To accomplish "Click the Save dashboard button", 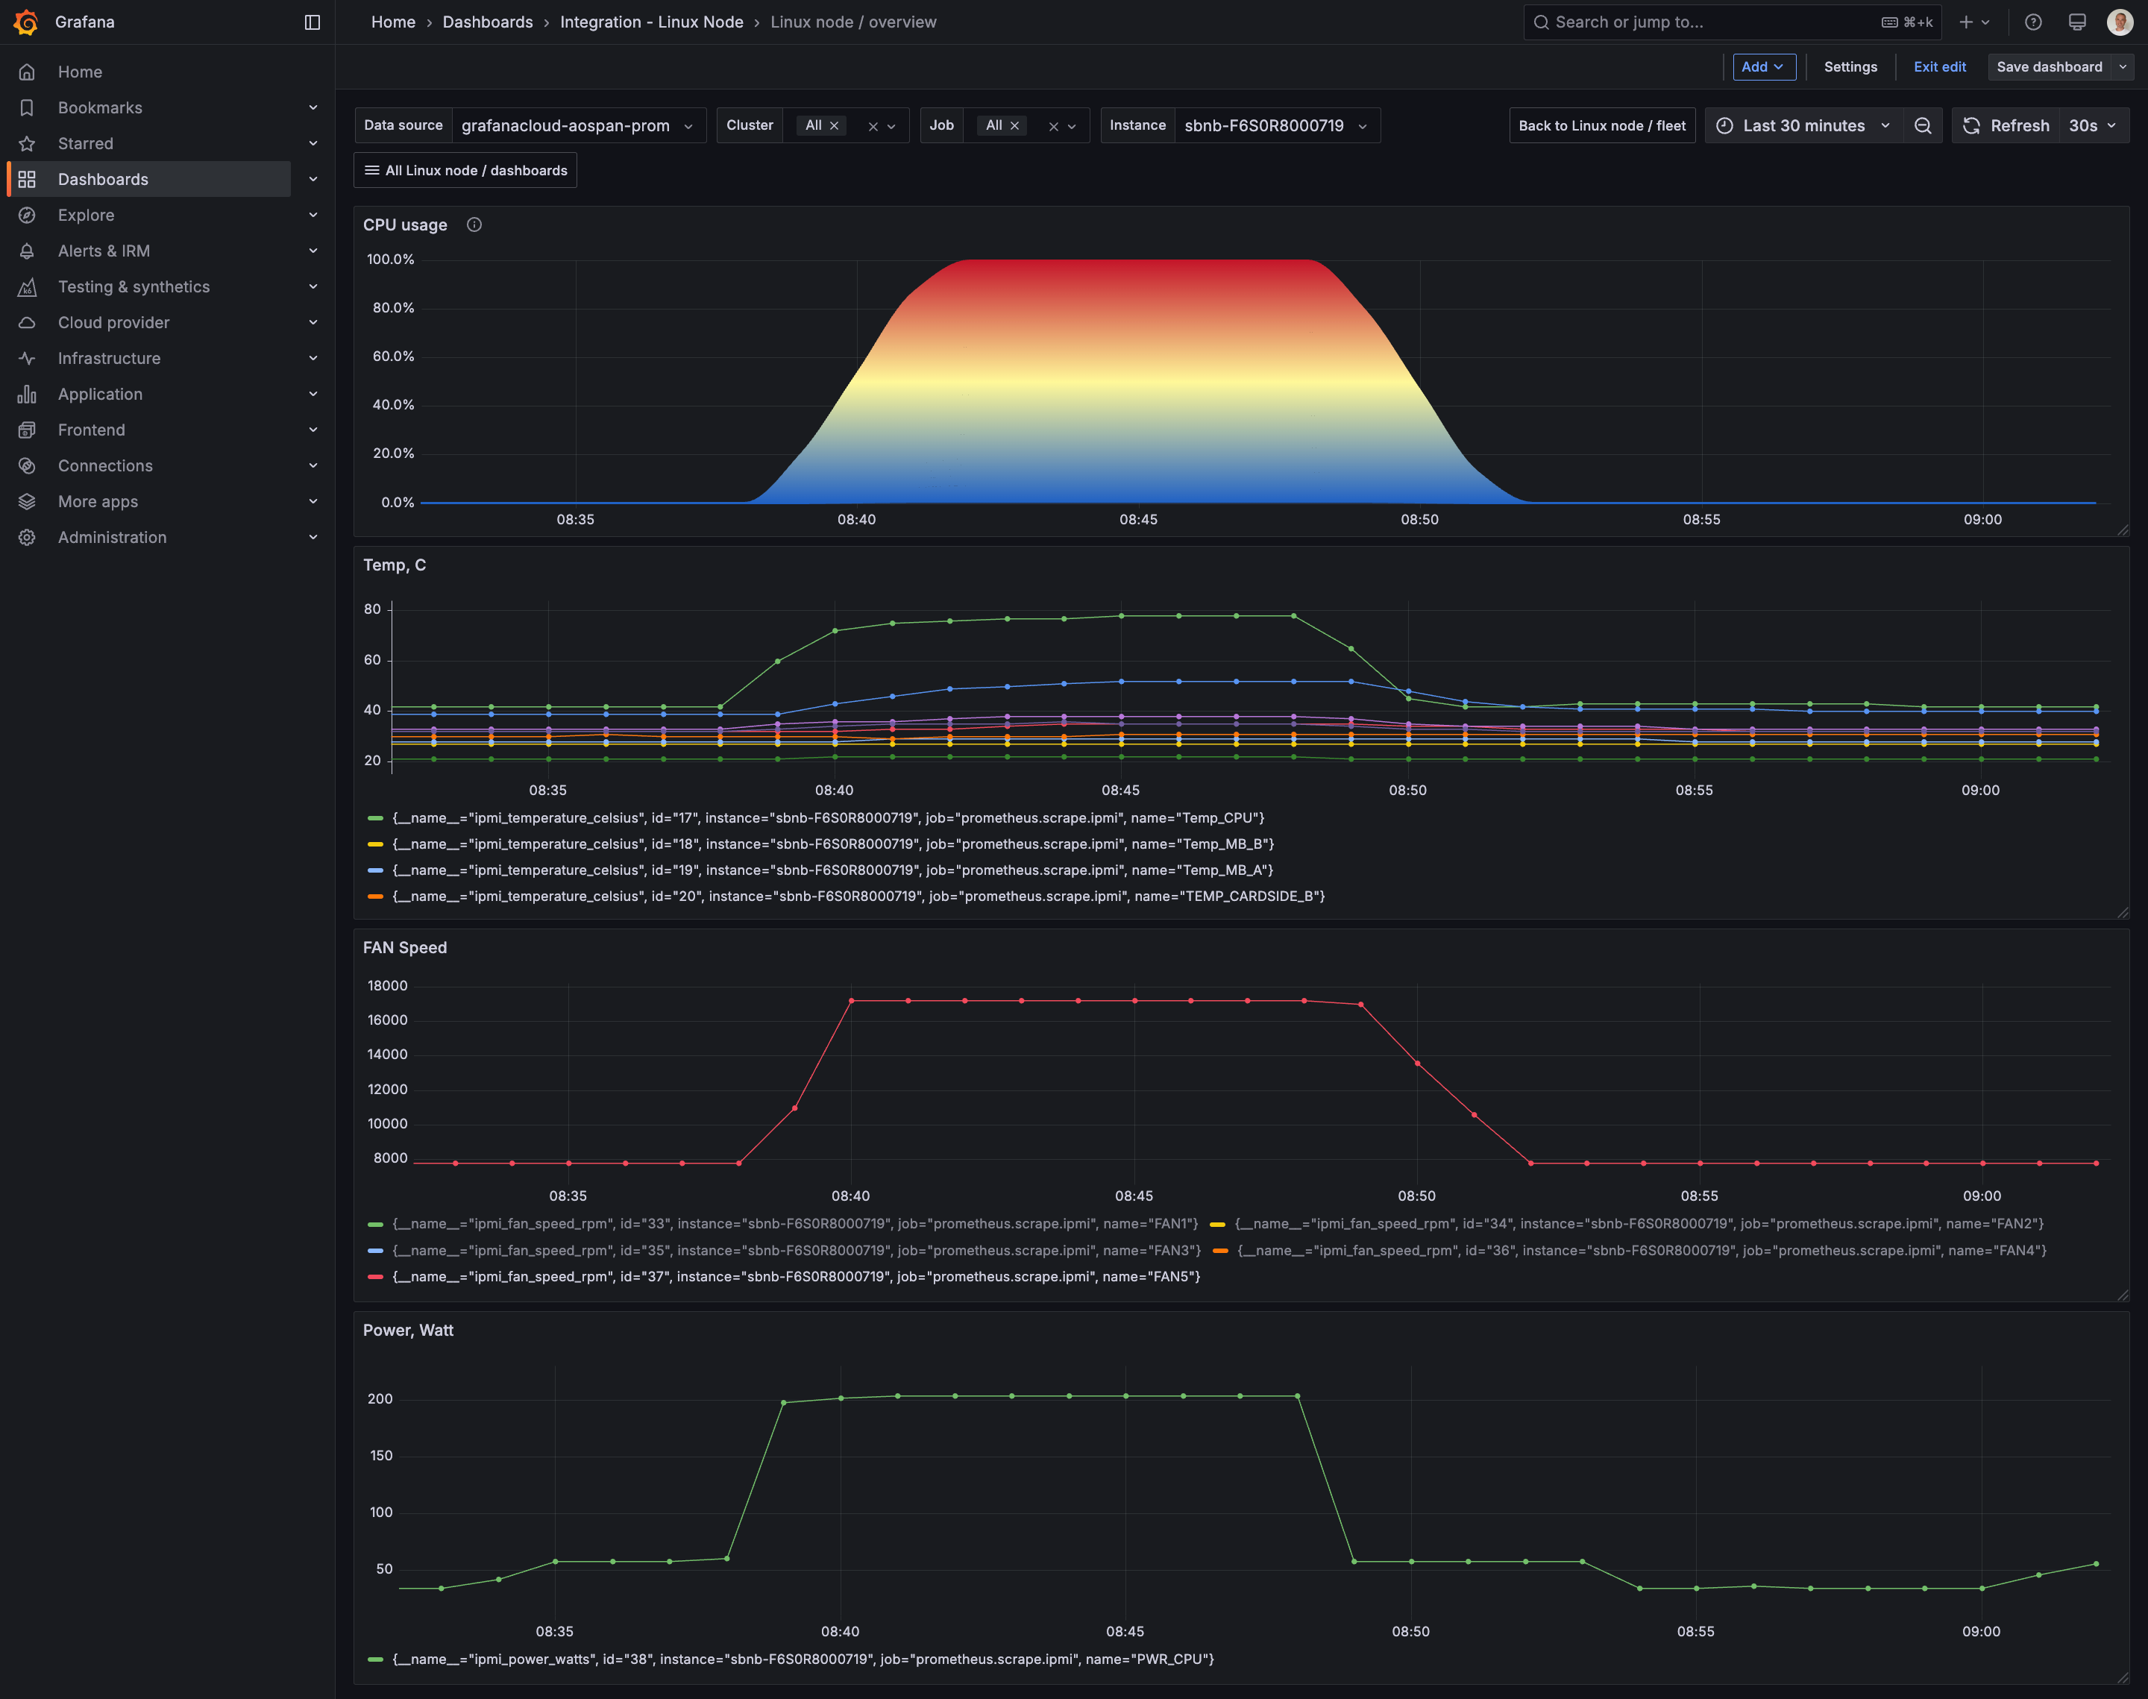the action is coord(2049,66).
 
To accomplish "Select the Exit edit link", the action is coord(1939,66).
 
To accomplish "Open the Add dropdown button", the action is coord(1763,66).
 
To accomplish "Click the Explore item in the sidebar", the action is coord(86,215).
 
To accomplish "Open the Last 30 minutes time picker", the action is coord(1803,125).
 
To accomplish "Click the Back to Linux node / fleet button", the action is coord(1602,125).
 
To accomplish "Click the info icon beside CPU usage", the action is coord(474,224).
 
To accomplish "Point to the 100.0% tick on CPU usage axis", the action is coord(391,260).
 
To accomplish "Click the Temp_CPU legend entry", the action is coord(815,817).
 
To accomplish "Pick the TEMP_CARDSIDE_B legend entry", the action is coord(845,896).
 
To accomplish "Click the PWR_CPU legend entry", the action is coord(791,1659).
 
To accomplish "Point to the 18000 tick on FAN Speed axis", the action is coord(388,986).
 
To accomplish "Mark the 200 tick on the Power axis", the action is coord(380,1398).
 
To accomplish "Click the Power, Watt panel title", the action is coord(408,1330).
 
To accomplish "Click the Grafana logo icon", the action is coord(26,22).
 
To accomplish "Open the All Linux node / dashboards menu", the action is coord(465,170).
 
